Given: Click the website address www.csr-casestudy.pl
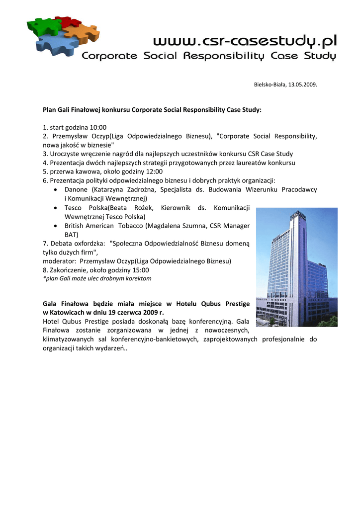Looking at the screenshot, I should point(244,39).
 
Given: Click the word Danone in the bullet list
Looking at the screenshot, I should point(76,189).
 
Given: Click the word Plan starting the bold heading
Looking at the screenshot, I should point(50,109).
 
